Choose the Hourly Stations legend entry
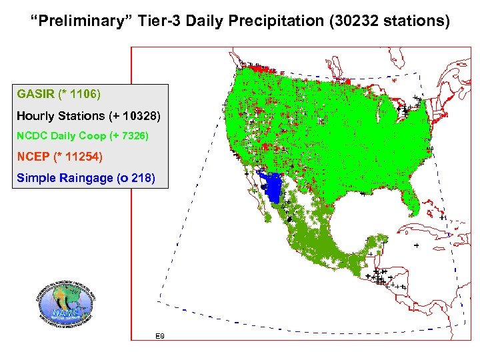click(x=89, y=115)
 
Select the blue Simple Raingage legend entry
click(x=86, y=178)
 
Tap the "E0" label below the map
click(x=159, y=335)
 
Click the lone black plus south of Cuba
click(x=416, y=245)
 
